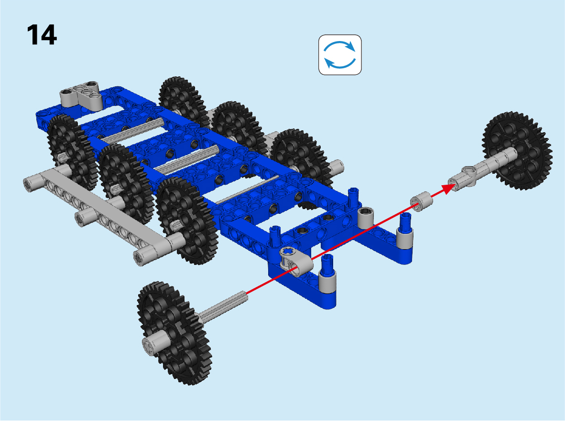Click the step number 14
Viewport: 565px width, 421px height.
[42, 35]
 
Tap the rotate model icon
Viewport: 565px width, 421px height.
[340, 55]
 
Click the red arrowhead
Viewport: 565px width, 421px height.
[448, 188]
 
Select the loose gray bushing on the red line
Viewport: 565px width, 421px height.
[422, 201]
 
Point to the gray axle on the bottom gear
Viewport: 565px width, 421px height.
[223, 306]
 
